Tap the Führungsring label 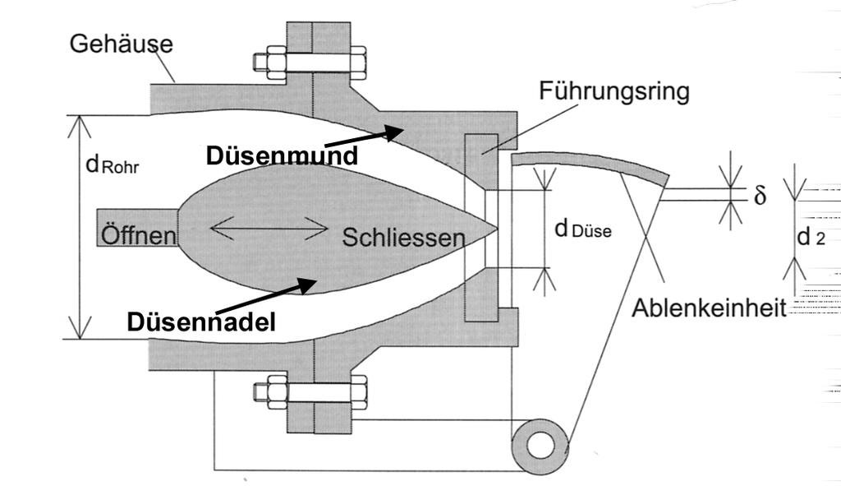click(614, 90)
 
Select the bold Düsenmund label click(282, 155)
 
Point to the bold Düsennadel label click(201, 322)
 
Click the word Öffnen click(138, 235)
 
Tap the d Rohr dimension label click(113, 164)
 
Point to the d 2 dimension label click(811, 238)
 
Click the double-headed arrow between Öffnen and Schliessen click(269, 228)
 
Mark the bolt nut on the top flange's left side click(267, 62)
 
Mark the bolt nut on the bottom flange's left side click(267, 389)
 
